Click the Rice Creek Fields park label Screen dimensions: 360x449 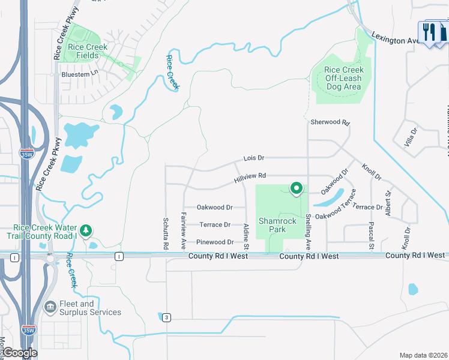[88, 51]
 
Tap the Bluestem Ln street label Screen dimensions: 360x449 [79, 74]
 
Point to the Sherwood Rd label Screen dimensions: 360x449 [330, 122]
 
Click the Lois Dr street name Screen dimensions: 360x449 [254, 158]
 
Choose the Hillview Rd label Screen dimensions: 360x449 [250, 176]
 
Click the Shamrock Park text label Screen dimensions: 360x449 [277, 225]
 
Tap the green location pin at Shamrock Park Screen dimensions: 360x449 [296, 188]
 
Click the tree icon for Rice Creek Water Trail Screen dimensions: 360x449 [86, 230]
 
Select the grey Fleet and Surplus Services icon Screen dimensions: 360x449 [50, 308]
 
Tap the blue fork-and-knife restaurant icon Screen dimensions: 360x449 [429, 31]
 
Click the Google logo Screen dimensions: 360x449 [19, 353]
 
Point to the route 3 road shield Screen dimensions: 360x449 [166, 317]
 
